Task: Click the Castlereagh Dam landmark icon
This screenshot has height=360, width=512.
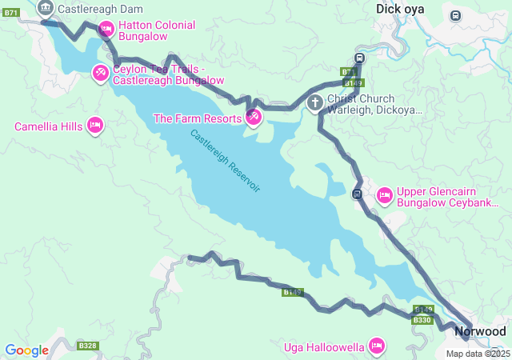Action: click(x=45, y=10)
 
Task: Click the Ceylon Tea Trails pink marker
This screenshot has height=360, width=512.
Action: click(x=100, y=74)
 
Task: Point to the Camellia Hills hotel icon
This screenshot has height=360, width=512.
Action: click(x=94, y=126)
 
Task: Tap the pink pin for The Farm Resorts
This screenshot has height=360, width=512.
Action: click(x=253, y=118)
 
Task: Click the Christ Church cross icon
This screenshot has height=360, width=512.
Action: click(x=315, y=103)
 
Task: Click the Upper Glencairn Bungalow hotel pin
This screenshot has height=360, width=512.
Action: click(x=384, y=194)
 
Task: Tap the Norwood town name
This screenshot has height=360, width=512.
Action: click(x=480, y=331)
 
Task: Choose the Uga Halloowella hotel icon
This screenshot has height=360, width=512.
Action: click(x=376, y=346)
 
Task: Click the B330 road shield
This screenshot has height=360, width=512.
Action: click(x=422, y=320)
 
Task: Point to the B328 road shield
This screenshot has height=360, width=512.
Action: click(x=88, y=346)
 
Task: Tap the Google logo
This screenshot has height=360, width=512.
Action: click(x=26, y=350)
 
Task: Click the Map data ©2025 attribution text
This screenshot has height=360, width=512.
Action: click(x=478, y=354)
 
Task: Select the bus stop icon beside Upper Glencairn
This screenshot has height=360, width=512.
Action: click(x=358, y=194)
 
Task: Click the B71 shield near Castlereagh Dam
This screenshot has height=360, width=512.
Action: click(x=11, y=13)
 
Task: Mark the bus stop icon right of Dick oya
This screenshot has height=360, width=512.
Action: click(x=455, y=15)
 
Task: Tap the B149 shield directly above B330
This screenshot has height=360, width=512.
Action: click(x=424, y=310)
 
